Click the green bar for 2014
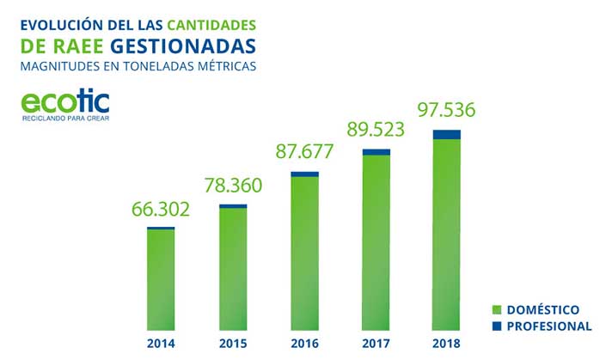161,279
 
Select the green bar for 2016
304,253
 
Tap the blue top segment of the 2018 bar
447,134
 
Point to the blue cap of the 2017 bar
376,152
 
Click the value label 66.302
161,210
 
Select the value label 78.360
233,186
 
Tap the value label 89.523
376,131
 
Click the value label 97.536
447,111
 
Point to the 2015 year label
233,344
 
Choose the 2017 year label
376,344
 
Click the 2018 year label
447,344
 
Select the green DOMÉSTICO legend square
496,309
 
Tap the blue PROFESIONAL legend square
496,326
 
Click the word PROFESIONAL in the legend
549,326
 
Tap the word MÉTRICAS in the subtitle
224,65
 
